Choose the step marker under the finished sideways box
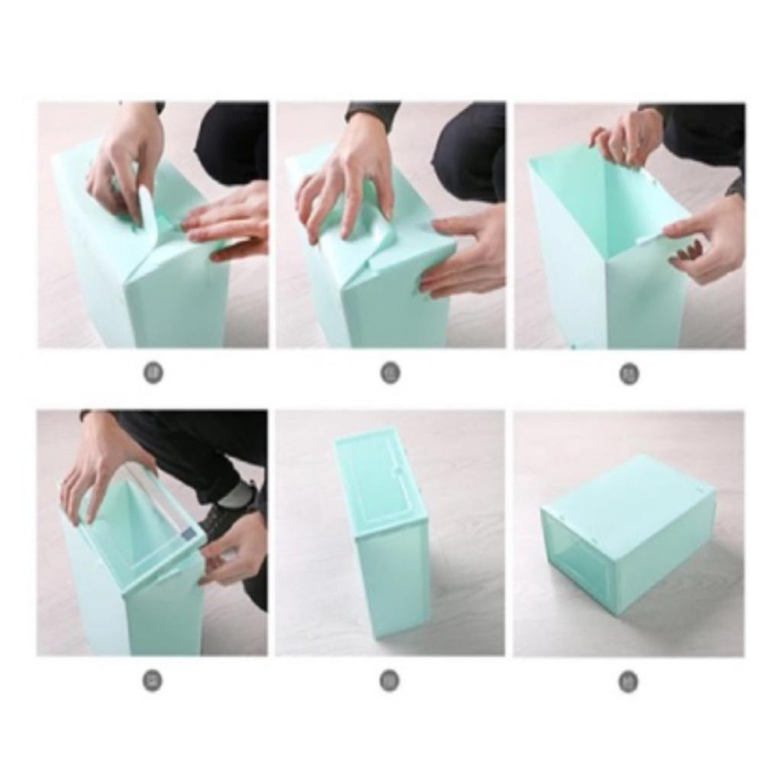click(x=628, y=681)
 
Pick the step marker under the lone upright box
click(x=390, y=680)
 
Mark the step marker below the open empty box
click(x=629, y=374)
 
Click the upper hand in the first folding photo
click(x=126, y=164)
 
